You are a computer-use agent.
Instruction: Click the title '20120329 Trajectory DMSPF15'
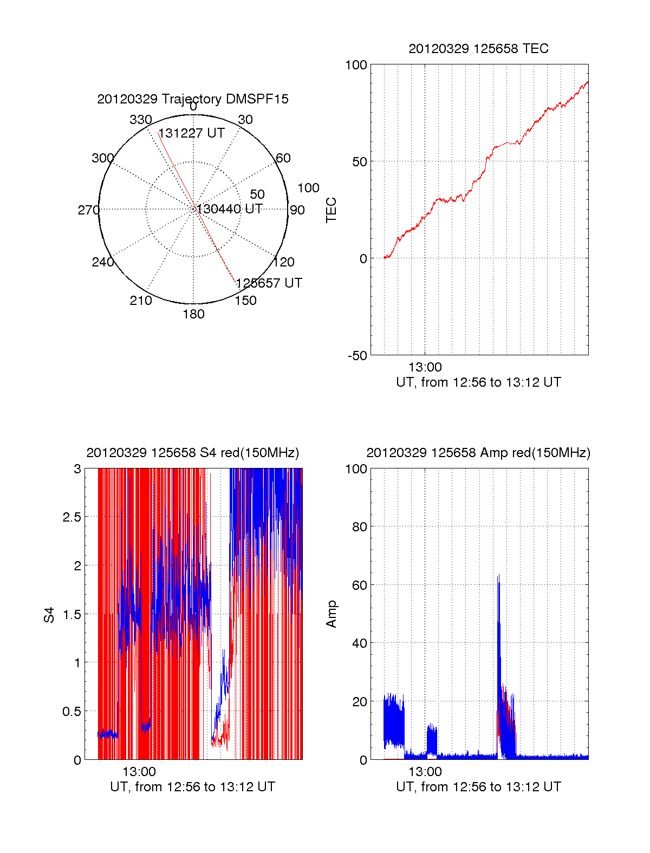coord(193,99)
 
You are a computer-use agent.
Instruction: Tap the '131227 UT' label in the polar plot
coord(191,133)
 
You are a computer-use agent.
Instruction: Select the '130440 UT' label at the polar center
coord(230,209)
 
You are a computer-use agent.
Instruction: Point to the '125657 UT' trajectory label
coord(269,283)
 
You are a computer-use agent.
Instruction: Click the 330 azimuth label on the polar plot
coord(141,120)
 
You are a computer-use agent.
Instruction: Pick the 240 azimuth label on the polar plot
coord(102,262)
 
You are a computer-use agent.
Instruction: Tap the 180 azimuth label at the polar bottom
coord(193,314)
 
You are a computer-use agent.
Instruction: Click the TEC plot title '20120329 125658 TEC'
coord(478,49)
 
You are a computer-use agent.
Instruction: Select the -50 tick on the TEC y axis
coord(357,355)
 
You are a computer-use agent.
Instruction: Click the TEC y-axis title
coord(331,210)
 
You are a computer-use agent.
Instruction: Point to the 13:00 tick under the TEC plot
coord(425,368)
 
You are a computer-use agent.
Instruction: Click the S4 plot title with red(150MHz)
coord(192,453)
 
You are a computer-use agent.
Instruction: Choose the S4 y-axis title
coord(49,615)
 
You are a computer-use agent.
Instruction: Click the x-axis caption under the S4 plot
coord(192,787)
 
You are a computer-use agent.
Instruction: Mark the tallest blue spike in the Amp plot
coord(498,576)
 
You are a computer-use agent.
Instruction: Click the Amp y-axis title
coord(331,614)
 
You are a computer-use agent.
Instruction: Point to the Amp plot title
coord(478,453)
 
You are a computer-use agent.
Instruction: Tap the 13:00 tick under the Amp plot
coord(425,772)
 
